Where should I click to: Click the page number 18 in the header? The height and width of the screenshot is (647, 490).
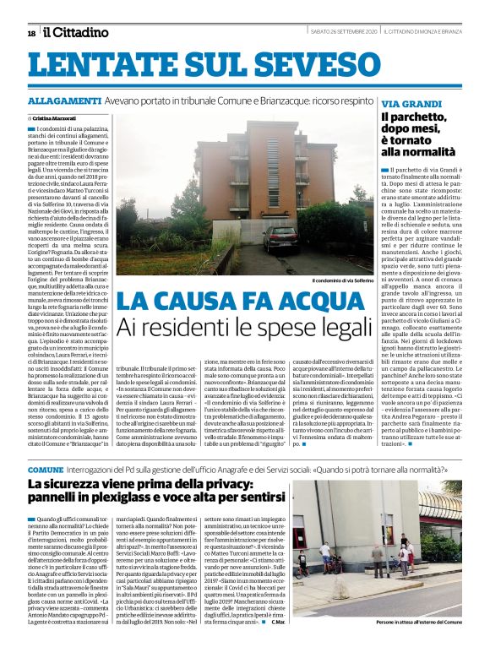(x=31, y=33)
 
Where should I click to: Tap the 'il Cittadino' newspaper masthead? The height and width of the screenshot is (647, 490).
(x=76, y=32)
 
